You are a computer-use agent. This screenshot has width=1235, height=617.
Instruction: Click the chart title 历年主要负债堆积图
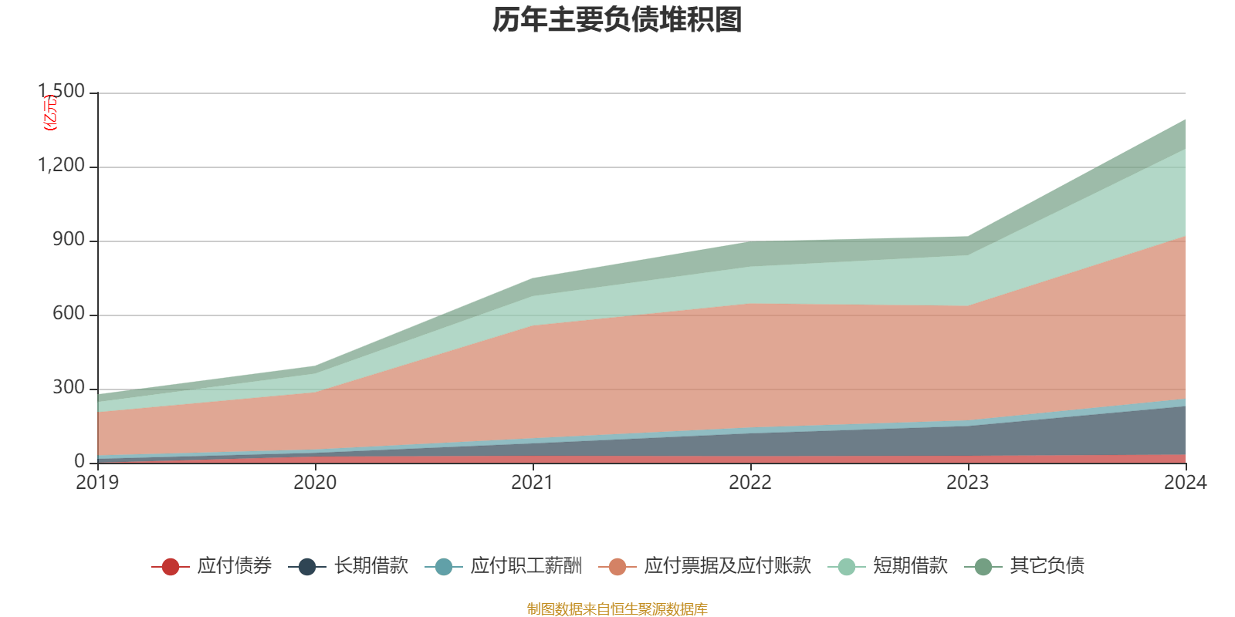[617, 20]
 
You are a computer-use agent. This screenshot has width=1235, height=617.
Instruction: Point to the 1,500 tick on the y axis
[62, 92]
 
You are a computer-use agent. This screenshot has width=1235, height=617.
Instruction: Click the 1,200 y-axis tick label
[62, 166]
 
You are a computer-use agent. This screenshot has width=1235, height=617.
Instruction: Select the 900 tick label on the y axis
[69, 240]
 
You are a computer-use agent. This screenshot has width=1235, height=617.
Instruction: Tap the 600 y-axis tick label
[69, 314]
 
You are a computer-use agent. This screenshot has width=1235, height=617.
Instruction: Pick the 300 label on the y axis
[69, 388]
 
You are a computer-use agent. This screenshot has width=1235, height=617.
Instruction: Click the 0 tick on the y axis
[80, 462]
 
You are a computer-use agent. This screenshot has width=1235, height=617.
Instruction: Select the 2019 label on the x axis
[97, 483]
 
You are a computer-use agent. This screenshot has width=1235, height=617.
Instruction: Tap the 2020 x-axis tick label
[315, 483]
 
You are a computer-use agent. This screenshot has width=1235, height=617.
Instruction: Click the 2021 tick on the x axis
[533, 483]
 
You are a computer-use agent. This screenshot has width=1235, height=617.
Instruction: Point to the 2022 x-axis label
[750, 483]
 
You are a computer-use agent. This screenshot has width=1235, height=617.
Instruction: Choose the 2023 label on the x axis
[968, 483]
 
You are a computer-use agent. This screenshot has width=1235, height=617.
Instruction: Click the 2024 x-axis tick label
[1185, 483]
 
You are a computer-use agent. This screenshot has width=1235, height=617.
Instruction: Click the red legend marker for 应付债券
[171, 567]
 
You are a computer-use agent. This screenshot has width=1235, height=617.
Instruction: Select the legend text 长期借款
[371, 566]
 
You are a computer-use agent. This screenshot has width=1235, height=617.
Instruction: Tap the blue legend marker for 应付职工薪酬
[444, 567]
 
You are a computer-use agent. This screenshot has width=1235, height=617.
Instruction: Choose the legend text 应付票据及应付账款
[727, 566]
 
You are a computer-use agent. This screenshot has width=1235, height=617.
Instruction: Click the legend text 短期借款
[910, 566]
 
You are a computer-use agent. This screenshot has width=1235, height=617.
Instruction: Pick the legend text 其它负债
[1047, 566]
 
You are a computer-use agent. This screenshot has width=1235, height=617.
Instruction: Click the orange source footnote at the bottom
[617, 609]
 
